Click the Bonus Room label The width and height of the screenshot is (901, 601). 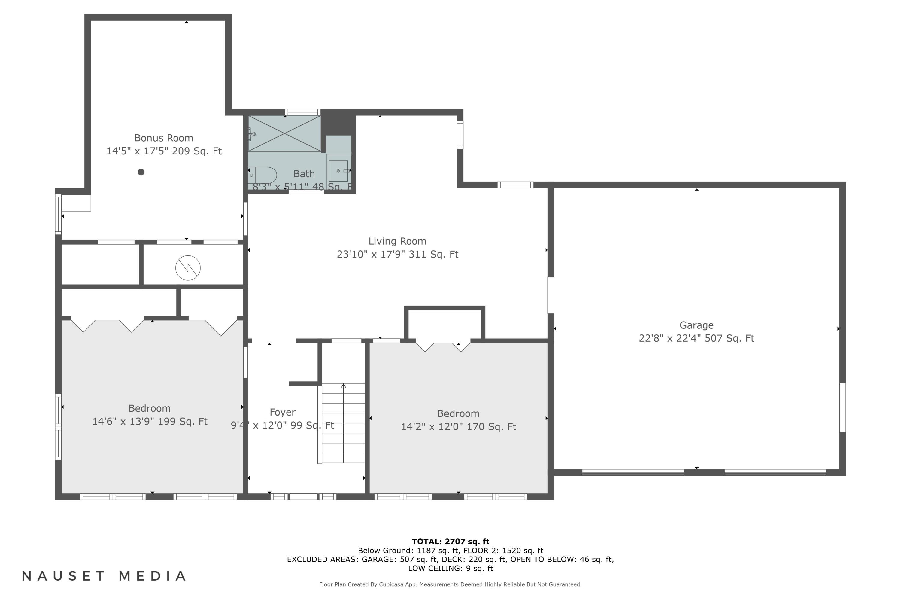pos(164,138)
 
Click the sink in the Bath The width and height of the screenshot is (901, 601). pos(338,171)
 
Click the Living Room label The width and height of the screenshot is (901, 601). pos(397,241)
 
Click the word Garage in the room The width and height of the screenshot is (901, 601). pos(696,325)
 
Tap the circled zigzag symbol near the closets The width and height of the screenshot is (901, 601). pos(188,267)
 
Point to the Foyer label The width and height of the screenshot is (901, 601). pos(282,412)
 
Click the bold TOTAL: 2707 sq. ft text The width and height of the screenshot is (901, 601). pos(450,542)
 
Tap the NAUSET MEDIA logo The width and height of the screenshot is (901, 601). pos(104,576)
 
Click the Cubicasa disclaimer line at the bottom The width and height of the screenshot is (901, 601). pos(450,584)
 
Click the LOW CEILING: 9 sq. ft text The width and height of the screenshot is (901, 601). pos(450,569)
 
